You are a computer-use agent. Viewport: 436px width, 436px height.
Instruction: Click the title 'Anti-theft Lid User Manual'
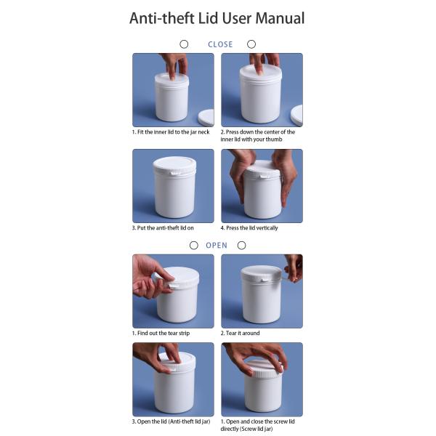[x=217, y=18]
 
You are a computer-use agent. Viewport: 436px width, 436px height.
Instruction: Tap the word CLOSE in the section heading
[x=220, y=44]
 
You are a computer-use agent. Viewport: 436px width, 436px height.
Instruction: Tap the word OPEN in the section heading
[x=217, y=246]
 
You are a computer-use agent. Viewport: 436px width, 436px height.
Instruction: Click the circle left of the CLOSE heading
[x=184, y=44]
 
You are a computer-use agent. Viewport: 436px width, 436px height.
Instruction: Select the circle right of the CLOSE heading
[x=251, y=44]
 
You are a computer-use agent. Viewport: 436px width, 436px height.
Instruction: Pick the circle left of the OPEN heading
[x=193, y=246]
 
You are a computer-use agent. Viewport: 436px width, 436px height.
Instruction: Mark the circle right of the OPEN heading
[x=241, y=246]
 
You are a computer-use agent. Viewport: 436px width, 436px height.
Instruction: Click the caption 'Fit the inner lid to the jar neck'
[x=171, y=132]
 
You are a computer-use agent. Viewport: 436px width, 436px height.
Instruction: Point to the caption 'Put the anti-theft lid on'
[x=163, y=228]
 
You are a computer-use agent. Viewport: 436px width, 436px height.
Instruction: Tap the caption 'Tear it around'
[x=240, y=333]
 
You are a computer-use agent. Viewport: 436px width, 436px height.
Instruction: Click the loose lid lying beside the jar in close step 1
[x=206, y=117]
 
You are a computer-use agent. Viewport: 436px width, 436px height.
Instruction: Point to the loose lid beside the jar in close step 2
[x=296, y=115]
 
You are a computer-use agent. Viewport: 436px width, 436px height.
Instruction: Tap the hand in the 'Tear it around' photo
[x=294, y=267]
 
